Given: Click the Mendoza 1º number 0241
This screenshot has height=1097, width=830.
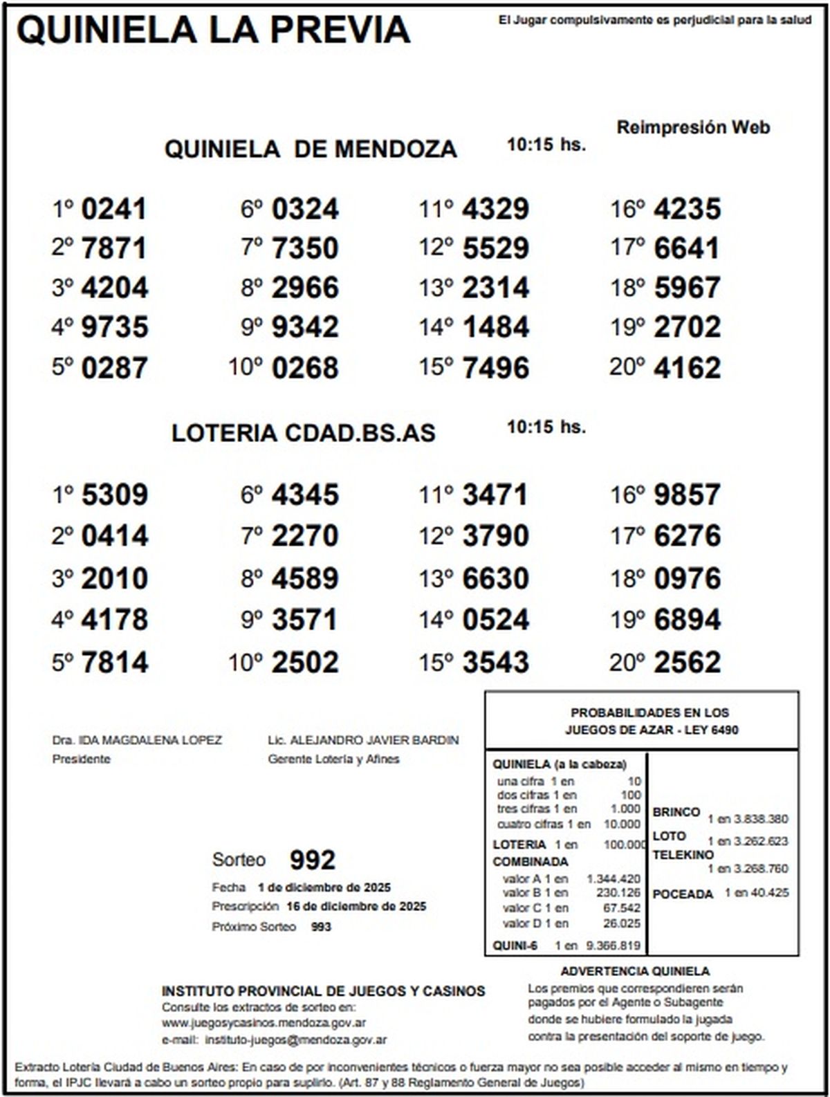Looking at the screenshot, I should (x=113, y=209).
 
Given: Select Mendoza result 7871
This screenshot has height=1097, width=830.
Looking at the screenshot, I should (x=113, y=248).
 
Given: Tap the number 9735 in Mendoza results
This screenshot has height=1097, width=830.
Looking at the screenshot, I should (x=114, y=327).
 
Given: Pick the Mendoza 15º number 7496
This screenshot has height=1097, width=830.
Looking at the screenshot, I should (x=495, y=368).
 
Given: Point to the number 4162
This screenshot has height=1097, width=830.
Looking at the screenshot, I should (x=687, y=368).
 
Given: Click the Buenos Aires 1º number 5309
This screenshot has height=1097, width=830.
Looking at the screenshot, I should (x=114, y=495).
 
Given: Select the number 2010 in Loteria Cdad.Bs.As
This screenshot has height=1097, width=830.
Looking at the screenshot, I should (x=114, y=579).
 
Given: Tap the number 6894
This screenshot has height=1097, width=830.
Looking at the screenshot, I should (x=687, y=620).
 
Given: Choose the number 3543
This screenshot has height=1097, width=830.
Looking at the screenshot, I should (x=495, y=663).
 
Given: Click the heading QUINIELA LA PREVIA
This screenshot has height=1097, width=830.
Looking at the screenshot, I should (x=213, y=30).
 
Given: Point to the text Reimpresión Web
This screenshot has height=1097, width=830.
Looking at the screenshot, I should (x=693, y=127).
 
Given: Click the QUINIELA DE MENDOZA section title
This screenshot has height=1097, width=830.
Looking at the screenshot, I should (x=311, y=149).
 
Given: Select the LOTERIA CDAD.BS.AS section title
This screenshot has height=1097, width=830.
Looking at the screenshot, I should (x=304, y=433).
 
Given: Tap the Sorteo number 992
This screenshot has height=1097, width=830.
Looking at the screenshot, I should (x=313, y=860).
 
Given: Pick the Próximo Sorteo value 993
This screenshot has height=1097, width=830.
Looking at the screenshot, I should (x=321, y=927).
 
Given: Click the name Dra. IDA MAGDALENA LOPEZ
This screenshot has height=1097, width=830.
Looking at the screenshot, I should (x=137, y=740).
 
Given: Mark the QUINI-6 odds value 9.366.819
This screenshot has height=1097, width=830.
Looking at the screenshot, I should (x=614, y=946).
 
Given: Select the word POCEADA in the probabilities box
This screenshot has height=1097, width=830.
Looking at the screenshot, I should (x=682, y=894).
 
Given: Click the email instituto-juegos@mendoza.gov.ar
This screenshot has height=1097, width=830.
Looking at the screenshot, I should (x=296, y=1040).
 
